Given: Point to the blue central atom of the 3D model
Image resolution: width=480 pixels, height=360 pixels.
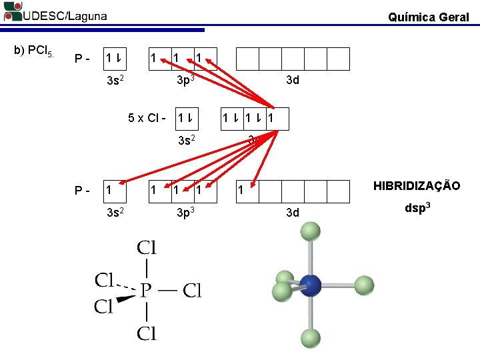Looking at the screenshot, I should coord(310,285).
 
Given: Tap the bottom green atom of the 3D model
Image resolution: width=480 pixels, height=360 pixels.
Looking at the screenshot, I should coord(309,337).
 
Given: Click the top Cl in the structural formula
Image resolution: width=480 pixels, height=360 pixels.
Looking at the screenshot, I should coord(147,249).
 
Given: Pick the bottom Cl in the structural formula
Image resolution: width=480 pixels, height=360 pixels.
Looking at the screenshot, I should coord(147,333).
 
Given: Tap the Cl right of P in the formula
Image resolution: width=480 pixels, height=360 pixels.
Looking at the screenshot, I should coord(192,291).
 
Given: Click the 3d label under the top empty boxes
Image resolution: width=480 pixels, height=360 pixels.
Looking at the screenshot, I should coord(292,81).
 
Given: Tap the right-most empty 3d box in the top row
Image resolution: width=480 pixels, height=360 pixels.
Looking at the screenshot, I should coord(338,59).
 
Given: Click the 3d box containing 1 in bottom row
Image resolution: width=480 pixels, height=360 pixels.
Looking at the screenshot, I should coord(247,191).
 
